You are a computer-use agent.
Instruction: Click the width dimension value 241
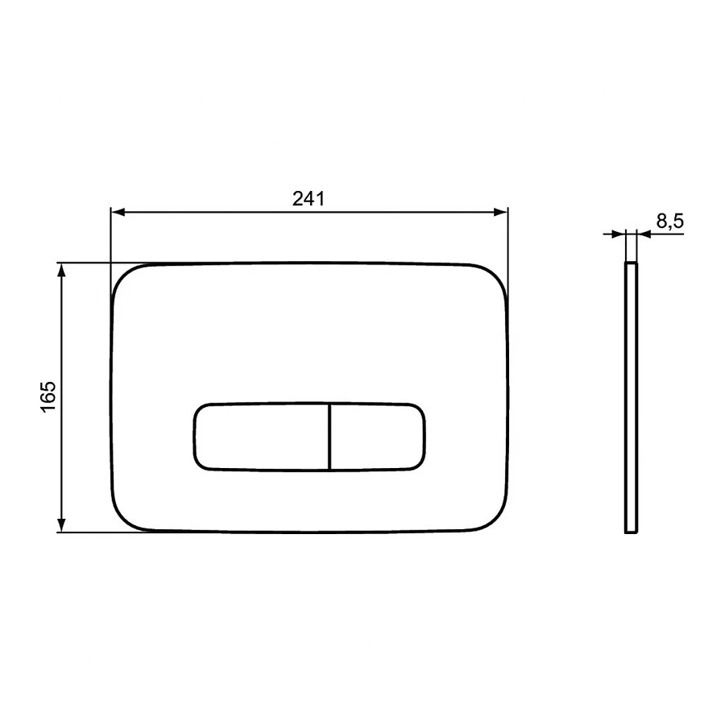(309, 199)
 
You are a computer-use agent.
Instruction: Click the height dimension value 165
(48, 396)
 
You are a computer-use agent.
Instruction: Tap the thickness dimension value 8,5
(670, 222)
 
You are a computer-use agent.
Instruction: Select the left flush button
(261, 437)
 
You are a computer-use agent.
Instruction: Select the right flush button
(378, 437)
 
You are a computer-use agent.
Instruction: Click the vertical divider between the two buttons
(329, 437)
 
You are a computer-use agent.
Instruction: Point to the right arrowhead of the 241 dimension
(501, 212)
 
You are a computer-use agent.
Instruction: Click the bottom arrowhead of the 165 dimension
(61, 524)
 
